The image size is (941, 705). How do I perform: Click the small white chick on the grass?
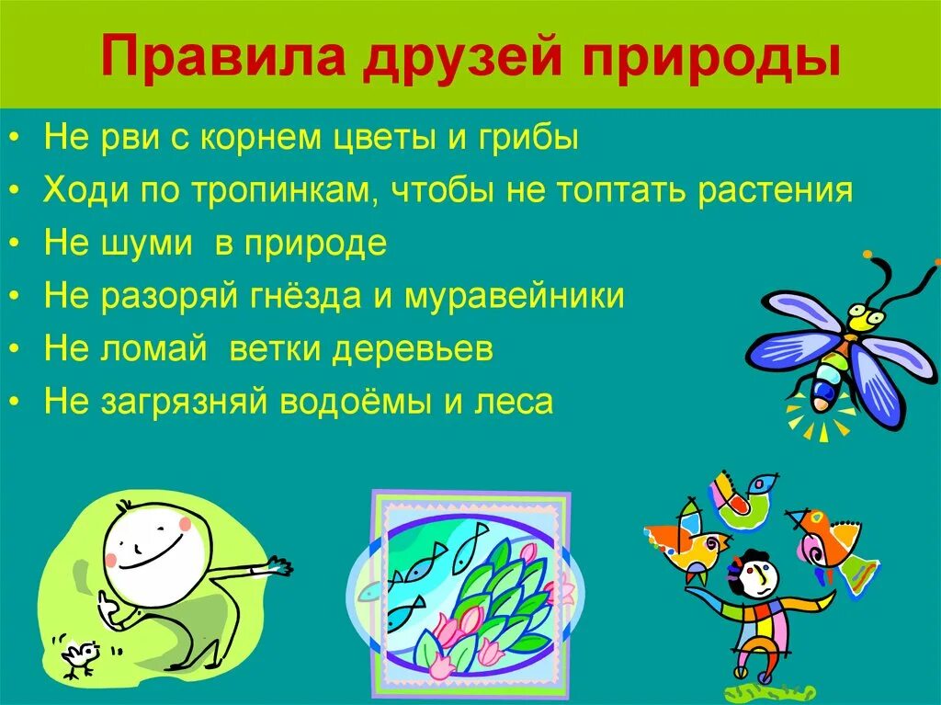[78, 654]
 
